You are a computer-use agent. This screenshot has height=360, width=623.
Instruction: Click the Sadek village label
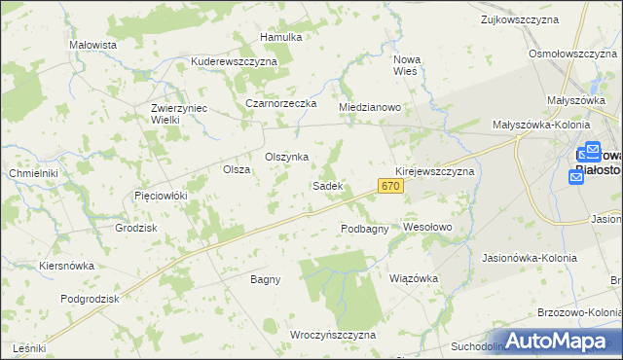pos(326,185)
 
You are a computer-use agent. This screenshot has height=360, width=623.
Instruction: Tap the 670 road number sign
pos(391,186)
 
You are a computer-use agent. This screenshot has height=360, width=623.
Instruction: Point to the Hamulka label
pos(281,37)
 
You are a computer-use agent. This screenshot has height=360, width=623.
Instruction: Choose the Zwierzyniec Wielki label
pos(179,114)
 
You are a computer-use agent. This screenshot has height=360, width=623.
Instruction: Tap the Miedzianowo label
pos(370,107)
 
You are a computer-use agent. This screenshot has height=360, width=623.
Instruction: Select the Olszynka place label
pos(287,157)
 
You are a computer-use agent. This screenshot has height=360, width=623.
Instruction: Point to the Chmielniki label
pos(33,173)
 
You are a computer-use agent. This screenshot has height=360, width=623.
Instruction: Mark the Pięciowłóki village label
pos(160,196)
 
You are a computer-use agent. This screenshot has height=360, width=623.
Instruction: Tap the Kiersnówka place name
pos(66,265)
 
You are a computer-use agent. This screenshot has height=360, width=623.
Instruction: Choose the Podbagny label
pos(365,229)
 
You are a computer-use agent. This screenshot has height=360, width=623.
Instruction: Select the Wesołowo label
pos(428,227)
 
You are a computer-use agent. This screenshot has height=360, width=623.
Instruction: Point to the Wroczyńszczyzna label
pos(333,335)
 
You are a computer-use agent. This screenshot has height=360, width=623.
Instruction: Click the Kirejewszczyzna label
pos(434,170)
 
